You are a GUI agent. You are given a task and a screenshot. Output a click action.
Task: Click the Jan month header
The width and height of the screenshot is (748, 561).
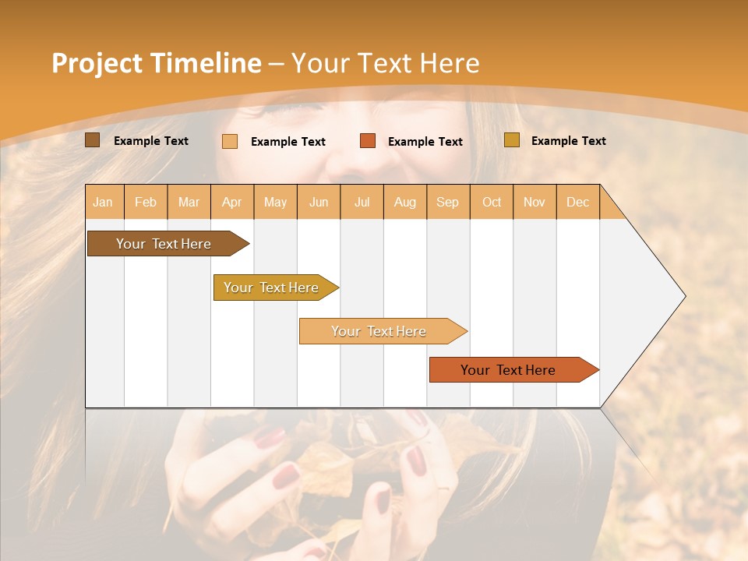[104, 202]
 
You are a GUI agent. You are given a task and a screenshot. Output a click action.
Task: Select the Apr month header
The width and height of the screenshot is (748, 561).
[232, 202]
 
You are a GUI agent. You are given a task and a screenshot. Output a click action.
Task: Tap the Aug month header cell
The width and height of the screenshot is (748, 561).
[405, 202]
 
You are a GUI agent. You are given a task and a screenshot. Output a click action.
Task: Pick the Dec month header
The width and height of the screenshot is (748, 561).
[578, 202]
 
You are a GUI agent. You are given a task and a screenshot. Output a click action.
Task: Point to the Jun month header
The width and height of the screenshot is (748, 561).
[319, 202]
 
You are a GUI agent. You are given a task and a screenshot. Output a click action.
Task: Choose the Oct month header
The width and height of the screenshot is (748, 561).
[492, 202]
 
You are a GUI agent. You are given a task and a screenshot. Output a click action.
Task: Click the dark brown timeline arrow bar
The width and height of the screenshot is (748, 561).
[164, 244]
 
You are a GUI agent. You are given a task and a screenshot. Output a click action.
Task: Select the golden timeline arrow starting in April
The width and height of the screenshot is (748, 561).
[272, 288]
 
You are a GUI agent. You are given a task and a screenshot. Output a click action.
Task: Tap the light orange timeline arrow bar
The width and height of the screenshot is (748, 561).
[379, 331]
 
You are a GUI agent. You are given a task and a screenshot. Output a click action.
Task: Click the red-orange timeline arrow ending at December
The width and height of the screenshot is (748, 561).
[509, 370]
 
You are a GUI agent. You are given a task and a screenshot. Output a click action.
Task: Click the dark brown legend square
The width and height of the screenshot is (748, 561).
[92, 140]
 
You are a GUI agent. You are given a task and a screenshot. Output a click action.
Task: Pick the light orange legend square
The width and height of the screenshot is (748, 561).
[230, 141]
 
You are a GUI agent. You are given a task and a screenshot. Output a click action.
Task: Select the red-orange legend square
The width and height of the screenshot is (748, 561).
[368, 141]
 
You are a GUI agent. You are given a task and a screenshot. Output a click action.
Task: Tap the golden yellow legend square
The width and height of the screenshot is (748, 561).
[511, 140]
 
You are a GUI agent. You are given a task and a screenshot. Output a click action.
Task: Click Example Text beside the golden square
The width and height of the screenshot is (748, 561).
[568, 141]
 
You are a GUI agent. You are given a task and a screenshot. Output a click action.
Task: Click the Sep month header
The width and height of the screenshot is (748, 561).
[448, 202]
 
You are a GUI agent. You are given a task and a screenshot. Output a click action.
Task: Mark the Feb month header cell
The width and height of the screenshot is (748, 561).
[146, 202]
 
